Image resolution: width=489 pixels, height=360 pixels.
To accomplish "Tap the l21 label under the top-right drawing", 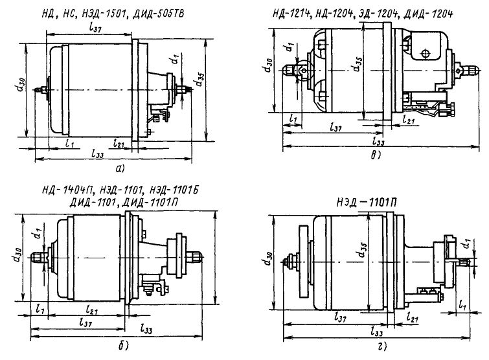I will [408, 120].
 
